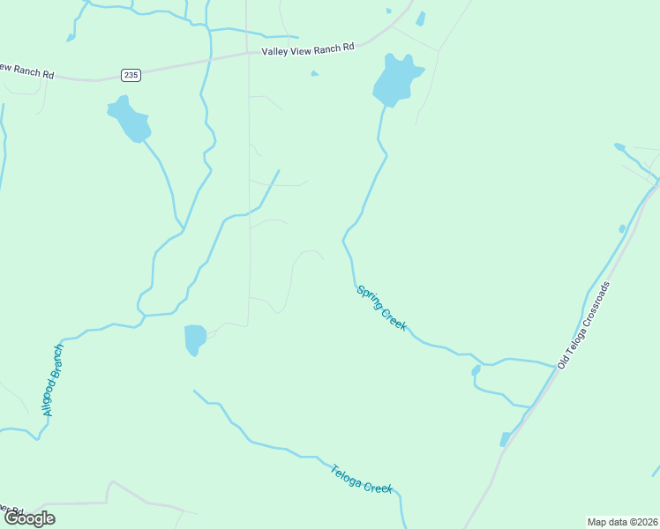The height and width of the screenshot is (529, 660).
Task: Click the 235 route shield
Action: (x=131, y=75)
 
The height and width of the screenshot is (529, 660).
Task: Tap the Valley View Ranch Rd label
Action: (x=307, y=50)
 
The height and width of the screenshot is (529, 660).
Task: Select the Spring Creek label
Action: (x=381, y=308)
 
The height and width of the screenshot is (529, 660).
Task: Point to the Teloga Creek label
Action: (x=362, y=477)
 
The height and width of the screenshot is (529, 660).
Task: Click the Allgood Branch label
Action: (x=53, y=380)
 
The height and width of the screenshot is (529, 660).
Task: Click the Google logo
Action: (x=29, y=518)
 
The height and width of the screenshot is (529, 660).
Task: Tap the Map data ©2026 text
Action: (x=622, y=522)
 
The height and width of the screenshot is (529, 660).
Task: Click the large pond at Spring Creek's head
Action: (x=396, y=80)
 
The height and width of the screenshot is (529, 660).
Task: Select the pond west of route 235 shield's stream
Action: (x=130, y=118)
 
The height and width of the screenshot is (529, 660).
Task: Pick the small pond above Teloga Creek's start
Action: (x=194, y=339)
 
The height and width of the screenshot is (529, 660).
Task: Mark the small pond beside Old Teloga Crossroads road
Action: (x=505, y=439)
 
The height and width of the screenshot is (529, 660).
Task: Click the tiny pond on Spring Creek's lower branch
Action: (x=476, y=370)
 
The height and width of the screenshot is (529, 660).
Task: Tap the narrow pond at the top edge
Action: (x=420, y=19)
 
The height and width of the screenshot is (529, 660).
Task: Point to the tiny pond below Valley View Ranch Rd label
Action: (x=315, y=74)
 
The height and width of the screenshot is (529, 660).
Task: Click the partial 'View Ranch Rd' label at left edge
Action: (x=26, y=71)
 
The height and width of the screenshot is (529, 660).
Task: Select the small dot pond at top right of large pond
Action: (x=388, y=11)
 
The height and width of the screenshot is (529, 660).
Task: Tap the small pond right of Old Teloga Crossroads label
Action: (x=622, y=229)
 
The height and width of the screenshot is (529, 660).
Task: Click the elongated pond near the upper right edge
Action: (x=619, y=146)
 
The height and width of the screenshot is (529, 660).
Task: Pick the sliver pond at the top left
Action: (x=70, y=37)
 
